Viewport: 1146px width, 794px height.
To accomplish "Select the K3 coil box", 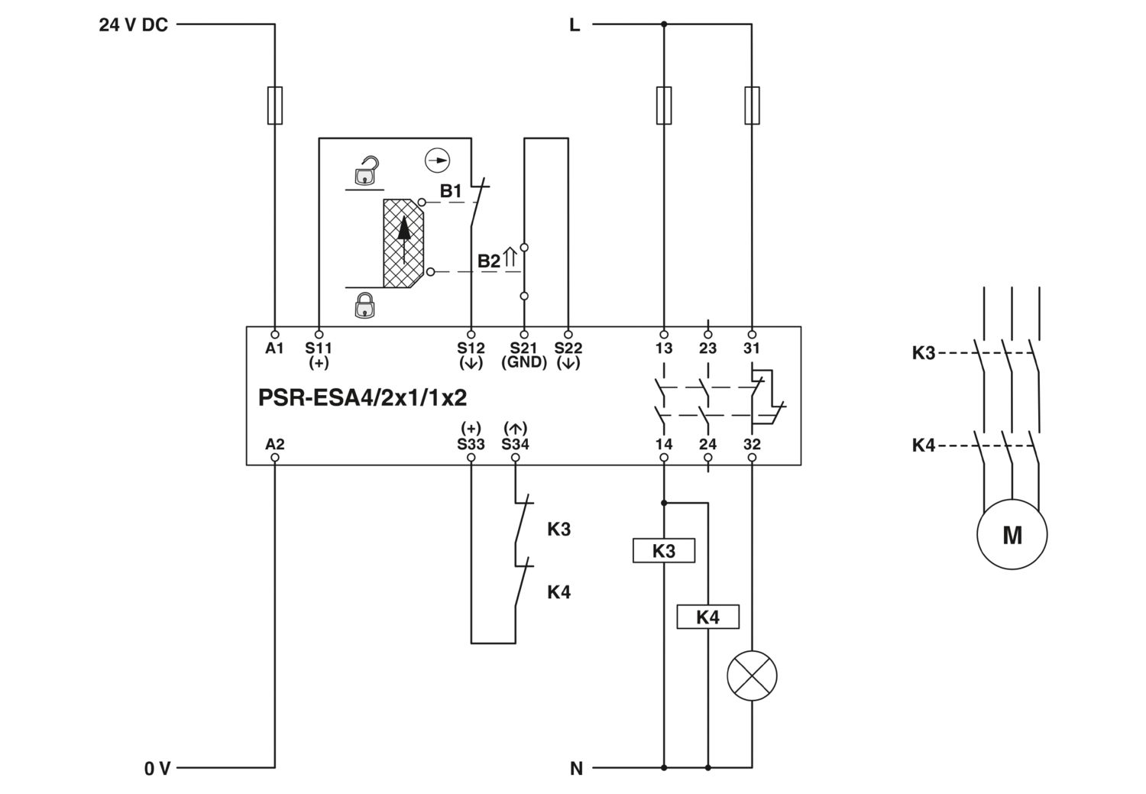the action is tap(664, 550).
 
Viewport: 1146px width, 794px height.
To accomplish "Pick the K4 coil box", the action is tap(707, 617).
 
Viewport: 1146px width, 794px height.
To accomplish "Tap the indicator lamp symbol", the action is tap(752, 676).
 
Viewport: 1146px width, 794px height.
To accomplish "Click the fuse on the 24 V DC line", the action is tap(275, 105).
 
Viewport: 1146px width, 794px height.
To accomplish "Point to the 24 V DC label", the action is tap(133, 24).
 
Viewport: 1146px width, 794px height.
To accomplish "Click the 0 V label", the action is tap(157, 769).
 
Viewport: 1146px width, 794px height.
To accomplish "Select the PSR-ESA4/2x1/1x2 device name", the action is tap(362, 397).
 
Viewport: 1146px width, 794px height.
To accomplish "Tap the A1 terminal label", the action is tap(275, 348).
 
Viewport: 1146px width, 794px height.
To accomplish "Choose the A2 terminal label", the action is tap(275, 444).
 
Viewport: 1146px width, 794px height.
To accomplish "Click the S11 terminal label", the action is tap(319, 348).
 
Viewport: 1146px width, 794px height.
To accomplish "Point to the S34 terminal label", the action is tap(515, 444).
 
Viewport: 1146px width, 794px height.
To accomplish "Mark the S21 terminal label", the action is tap(523, 348).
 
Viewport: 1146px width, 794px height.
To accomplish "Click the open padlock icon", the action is tap(365, 170).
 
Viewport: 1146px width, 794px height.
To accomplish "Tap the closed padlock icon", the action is tap(364, 305).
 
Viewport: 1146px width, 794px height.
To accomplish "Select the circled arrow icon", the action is tap(438, 160).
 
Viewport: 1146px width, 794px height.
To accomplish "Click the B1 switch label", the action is tap(451, 191).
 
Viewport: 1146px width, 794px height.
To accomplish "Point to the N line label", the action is tap(576, 769).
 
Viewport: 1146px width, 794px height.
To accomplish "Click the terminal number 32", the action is tap(752, 444).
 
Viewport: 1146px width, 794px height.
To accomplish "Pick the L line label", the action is tap(575, 24).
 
